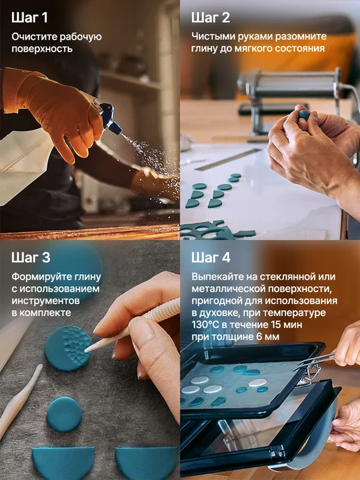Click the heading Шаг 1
(30, 17)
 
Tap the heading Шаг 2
(210, 17)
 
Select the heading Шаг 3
(31, 257)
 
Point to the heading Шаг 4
(211, 257)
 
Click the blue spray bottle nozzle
(111, 121)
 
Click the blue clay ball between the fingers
(303, 115)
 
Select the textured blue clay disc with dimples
(68, 348)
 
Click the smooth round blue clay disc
(64, 414)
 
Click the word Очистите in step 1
(34, 37)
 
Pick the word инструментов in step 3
(45, 301)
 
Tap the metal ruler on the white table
(228, 159)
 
